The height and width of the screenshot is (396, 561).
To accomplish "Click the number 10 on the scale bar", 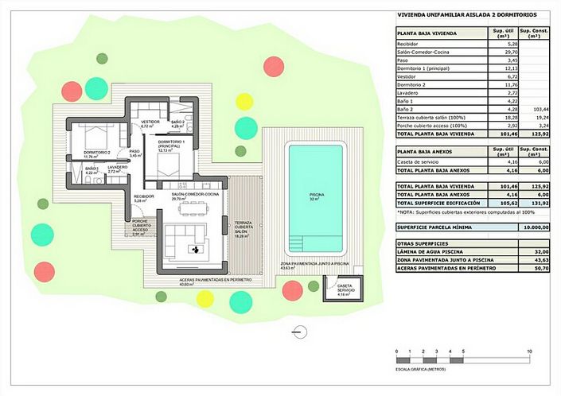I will coord(529,351).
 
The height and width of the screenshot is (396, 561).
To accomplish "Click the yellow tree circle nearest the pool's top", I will coord(244,101).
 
